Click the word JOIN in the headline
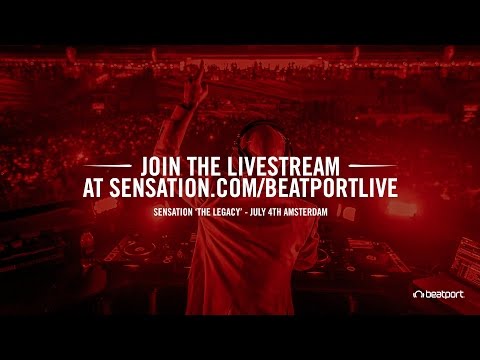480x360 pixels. [166, 163]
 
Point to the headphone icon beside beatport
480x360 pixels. [418, 293]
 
